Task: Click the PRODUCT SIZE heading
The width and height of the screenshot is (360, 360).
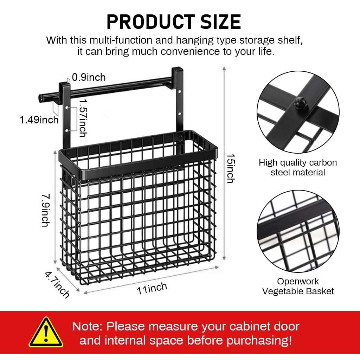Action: (174, 22)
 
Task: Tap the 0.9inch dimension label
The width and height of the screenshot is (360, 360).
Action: (89, 77)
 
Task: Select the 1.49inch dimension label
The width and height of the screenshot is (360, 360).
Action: (39, 120)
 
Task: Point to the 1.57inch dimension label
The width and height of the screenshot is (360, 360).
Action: (83, 117)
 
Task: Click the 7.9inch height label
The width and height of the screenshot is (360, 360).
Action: (45, 208)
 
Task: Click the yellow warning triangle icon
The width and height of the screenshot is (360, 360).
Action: (46, 333)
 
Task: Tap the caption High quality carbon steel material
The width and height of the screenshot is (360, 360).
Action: (298, 167)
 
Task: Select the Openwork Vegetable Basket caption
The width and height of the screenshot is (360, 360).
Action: (298, 286)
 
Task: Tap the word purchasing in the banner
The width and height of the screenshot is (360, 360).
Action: (256, 340)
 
